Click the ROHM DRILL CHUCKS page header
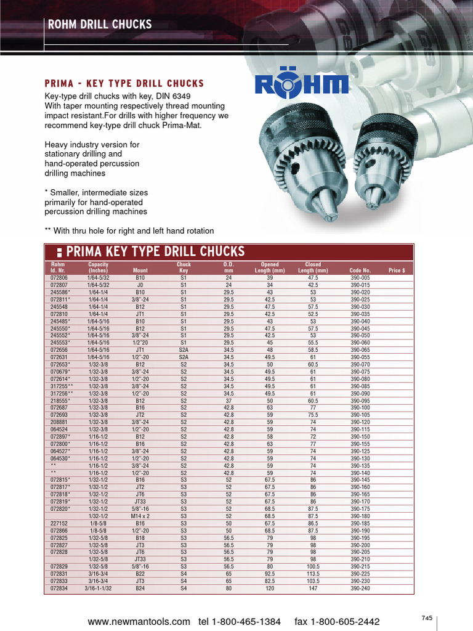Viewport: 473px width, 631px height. pyautogui.click(x=100, y=25)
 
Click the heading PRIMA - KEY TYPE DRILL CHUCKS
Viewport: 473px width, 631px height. pyautogui.click(x=124, y=83)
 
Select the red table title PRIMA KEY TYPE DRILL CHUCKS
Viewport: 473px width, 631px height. pyautogui.click(x=155, y=251)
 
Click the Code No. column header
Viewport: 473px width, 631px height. pyautogui.click(x=360, y=271)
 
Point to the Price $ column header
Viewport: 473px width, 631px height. pyautogui.click(x=397, y=271)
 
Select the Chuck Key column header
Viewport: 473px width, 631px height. pyautogui.click(x=184, y=267)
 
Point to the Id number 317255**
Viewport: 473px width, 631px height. pyautogui.click(x=62, y=386)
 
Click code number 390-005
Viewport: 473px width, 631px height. pyautogui.click(x=360, y=279)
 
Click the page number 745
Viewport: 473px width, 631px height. pyautogui.click(x=427, y=617)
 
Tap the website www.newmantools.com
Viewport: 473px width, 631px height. pyautogui.click(x=139, y=621)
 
